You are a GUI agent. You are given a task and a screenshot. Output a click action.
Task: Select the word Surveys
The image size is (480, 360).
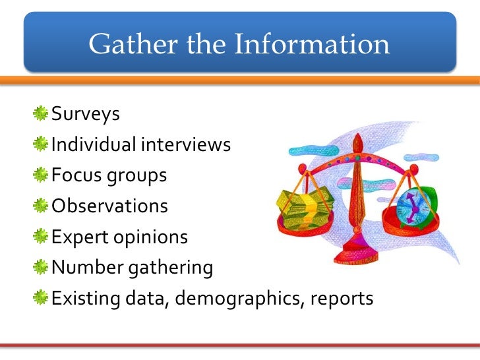coord(86,115)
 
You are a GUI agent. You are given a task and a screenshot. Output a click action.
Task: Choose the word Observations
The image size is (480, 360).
coord(109,206)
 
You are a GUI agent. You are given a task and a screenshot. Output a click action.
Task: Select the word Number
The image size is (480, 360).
coord(83,268)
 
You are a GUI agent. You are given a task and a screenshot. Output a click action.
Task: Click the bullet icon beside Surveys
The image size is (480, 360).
coord(42,113)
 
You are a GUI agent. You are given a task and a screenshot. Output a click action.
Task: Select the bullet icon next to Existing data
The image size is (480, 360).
coord(42,298)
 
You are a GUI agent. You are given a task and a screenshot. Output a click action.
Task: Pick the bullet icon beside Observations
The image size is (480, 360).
coord(42,206)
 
